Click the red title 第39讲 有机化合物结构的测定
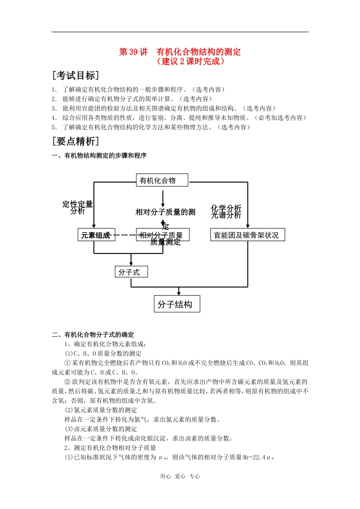[x=180, y=52]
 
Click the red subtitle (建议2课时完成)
[x=191, y=61]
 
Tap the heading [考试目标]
[x=76, y=75]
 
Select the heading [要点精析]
[x=76, y=141]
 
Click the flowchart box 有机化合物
[x=162, y=180]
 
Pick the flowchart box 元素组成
[x=96, y=235]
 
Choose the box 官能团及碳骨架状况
[x=247, y=235]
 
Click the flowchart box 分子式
[x=131, y=272]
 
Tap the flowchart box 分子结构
[x=177, y=304]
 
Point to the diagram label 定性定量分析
[x=78, y=208]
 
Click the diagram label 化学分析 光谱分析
[x=226, y=211]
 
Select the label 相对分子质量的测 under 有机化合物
[x=165, y=212]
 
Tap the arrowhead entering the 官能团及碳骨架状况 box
[x=248, y=226]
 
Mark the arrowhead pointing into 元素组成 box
[x=94, y=226]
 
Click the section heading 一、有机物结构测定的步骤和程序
[x=99, y=156]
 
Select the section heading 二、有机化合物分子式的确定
[x=93, y=335]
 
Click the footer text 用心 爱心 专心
[x=180, y=476]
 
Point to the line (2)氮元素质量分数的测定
[x=101, y=410]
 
